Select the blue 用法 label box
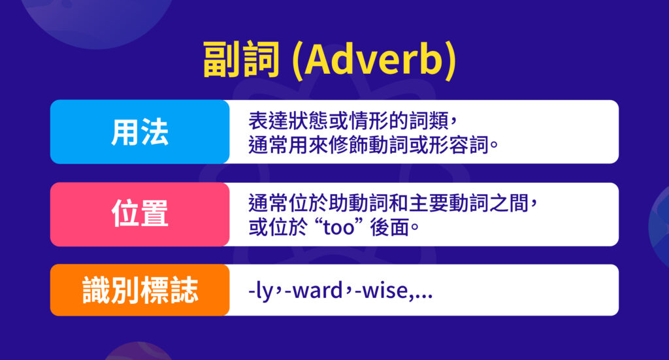139,132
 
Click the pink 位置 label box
139,214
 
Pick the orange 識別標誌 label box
139,290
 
